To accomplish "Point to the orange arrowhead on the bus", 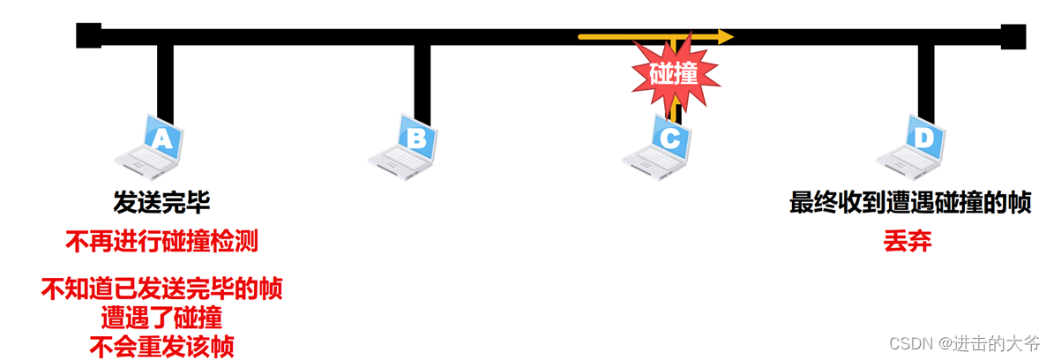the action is pos(725,37).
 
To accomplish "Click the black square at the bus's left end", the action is pos(88,36).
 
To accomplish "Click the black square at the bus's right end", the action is pos(1013,36).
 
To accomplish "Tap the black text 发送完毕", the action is pos(161,204).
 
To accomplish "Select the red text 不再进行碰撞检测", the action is pos(162,241).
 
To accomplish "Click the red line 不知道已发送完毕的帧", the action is pos(162,289).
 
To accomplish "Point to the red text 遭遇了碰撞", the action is pos(162,317).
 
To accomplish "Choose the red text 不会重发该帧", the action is pos(162,346).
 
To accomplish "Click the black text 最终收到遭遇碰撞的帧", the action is pos(910,204).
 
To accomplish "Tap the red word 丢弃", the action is pos(908,241).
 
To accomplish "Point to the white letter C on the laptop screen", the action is pos(669,139).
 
